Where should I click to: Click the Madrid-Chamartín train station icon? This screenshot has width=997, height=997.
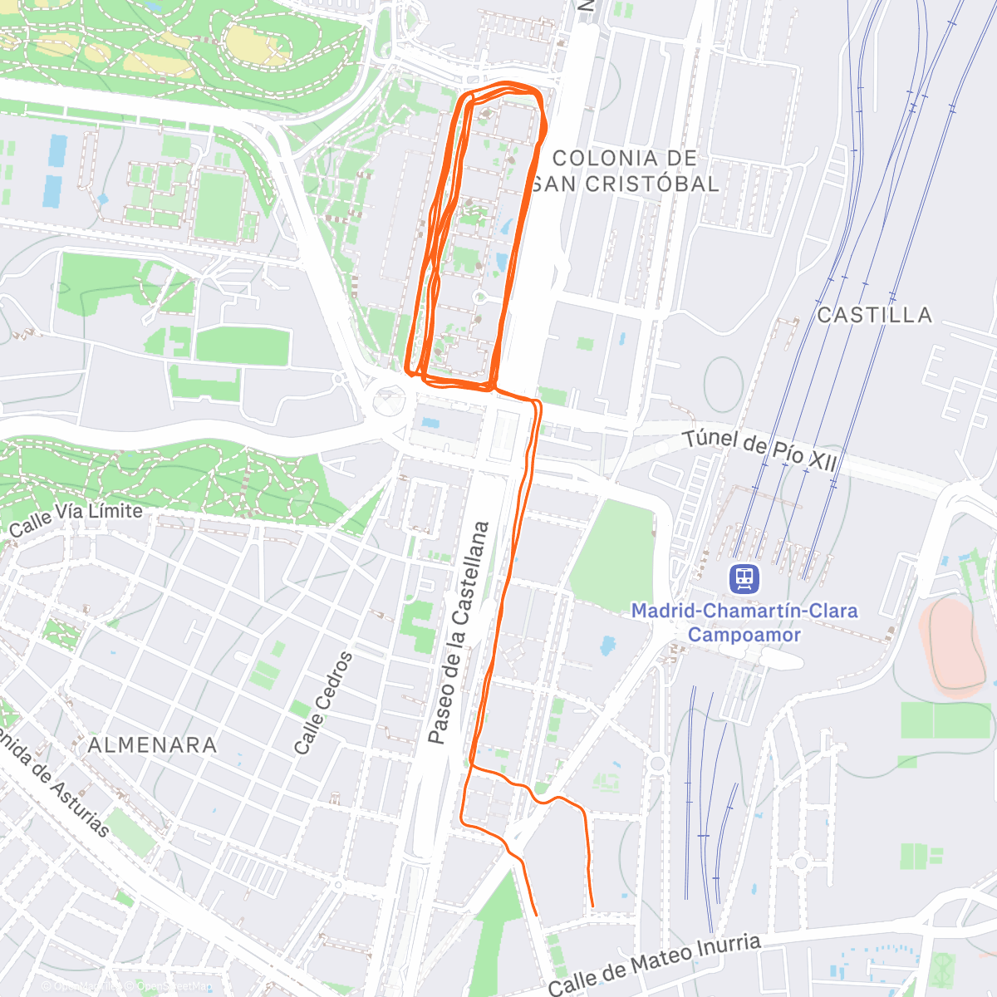point(744,578)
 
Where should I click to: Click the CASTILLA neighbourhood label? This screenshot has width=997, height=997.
point(874,315)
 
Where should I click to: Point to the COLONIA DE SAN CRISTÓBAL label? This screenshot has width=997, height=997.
point(625,171)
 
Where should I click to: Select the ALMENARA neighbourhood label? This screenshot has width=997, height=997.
point(152,744)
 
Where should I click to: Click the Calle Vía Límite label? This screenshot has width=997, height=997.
point(76,519)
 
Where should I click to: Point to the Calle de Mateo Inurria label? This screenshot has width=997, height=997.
point(654,964)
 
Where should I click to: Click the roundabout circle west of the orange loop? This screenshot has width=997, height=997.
point(386,400)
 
